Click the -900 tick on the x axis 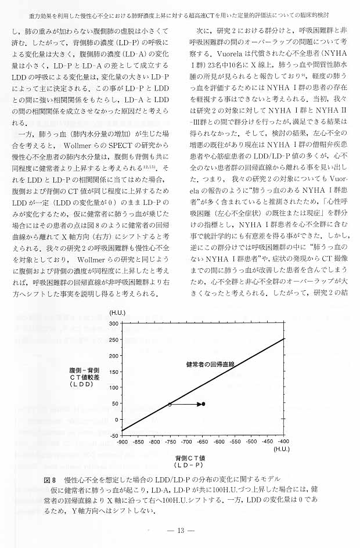point(122,442)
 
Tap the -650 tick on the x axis point(203,442)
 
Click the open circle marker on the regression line point(170,404)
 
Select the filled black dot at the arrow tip point(203,404)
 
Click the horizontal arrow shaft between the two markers point(186,404)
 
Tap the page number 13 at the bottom point(180,531)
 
